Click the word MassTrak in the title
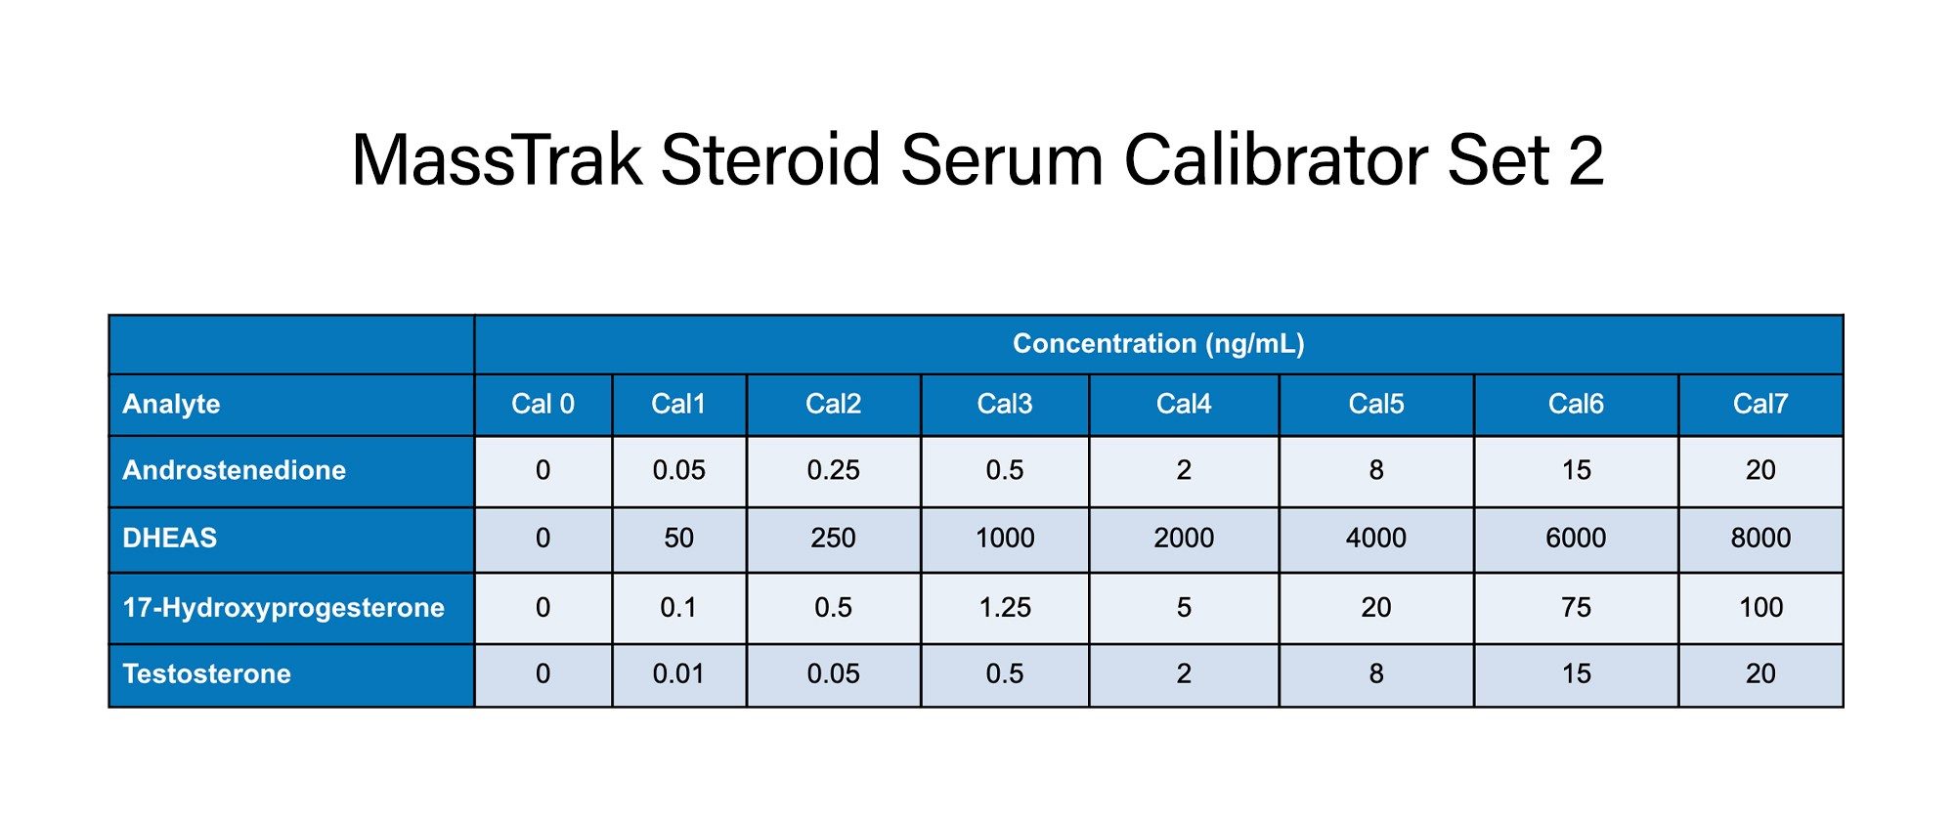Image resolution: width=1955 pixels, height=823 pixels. (x=497, y=159)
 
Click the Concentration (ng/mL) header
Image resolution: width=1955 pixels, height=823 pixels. (x=1158, y=344)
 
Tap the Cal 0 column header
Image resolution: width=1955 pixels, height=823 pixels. (x=543, y=404)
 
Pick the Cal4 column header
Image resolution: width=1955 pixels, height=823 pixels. (x=1184, y=404)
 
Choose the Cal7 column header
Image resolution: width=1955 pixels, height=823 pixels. (x=1760, y=404)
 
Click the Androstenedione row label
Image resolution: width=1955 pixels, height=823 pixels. (x=235, y=470)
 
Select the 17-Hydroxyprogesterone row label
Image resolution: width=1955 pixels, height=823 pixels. (x=283, y=608)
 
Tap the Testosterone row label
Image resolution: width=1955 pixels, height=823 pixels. (x=207, y=673)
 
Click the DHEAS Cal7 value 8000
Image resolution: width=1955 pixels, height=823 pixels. (x=1760, y=538)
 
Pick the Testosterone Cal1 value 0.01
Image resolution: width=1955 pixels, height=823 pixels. (x=678, y=673)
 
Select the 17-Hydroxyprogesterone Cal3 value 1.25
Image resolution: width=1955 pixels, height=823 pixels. (x=1005, y=608)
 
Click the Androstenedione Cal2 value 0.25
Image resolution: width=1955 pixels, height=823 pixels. (x=833, y=470)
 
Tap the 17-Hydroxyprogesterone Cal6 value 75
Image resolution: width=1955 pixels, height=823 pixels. (x=1576, y=608)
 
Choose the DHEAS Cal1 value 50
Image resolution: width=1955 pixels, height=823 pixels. (x=678, y=538)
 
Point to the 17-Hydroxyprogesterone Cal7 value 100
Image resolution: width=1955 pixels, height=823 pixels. (x=1760, y=608)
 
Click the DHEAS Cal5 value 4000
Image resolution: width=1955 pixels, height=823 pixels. (x=1376, y=538)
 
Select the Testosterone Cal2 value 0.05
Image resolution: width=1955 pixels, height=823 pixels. (x=833, y=673)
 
